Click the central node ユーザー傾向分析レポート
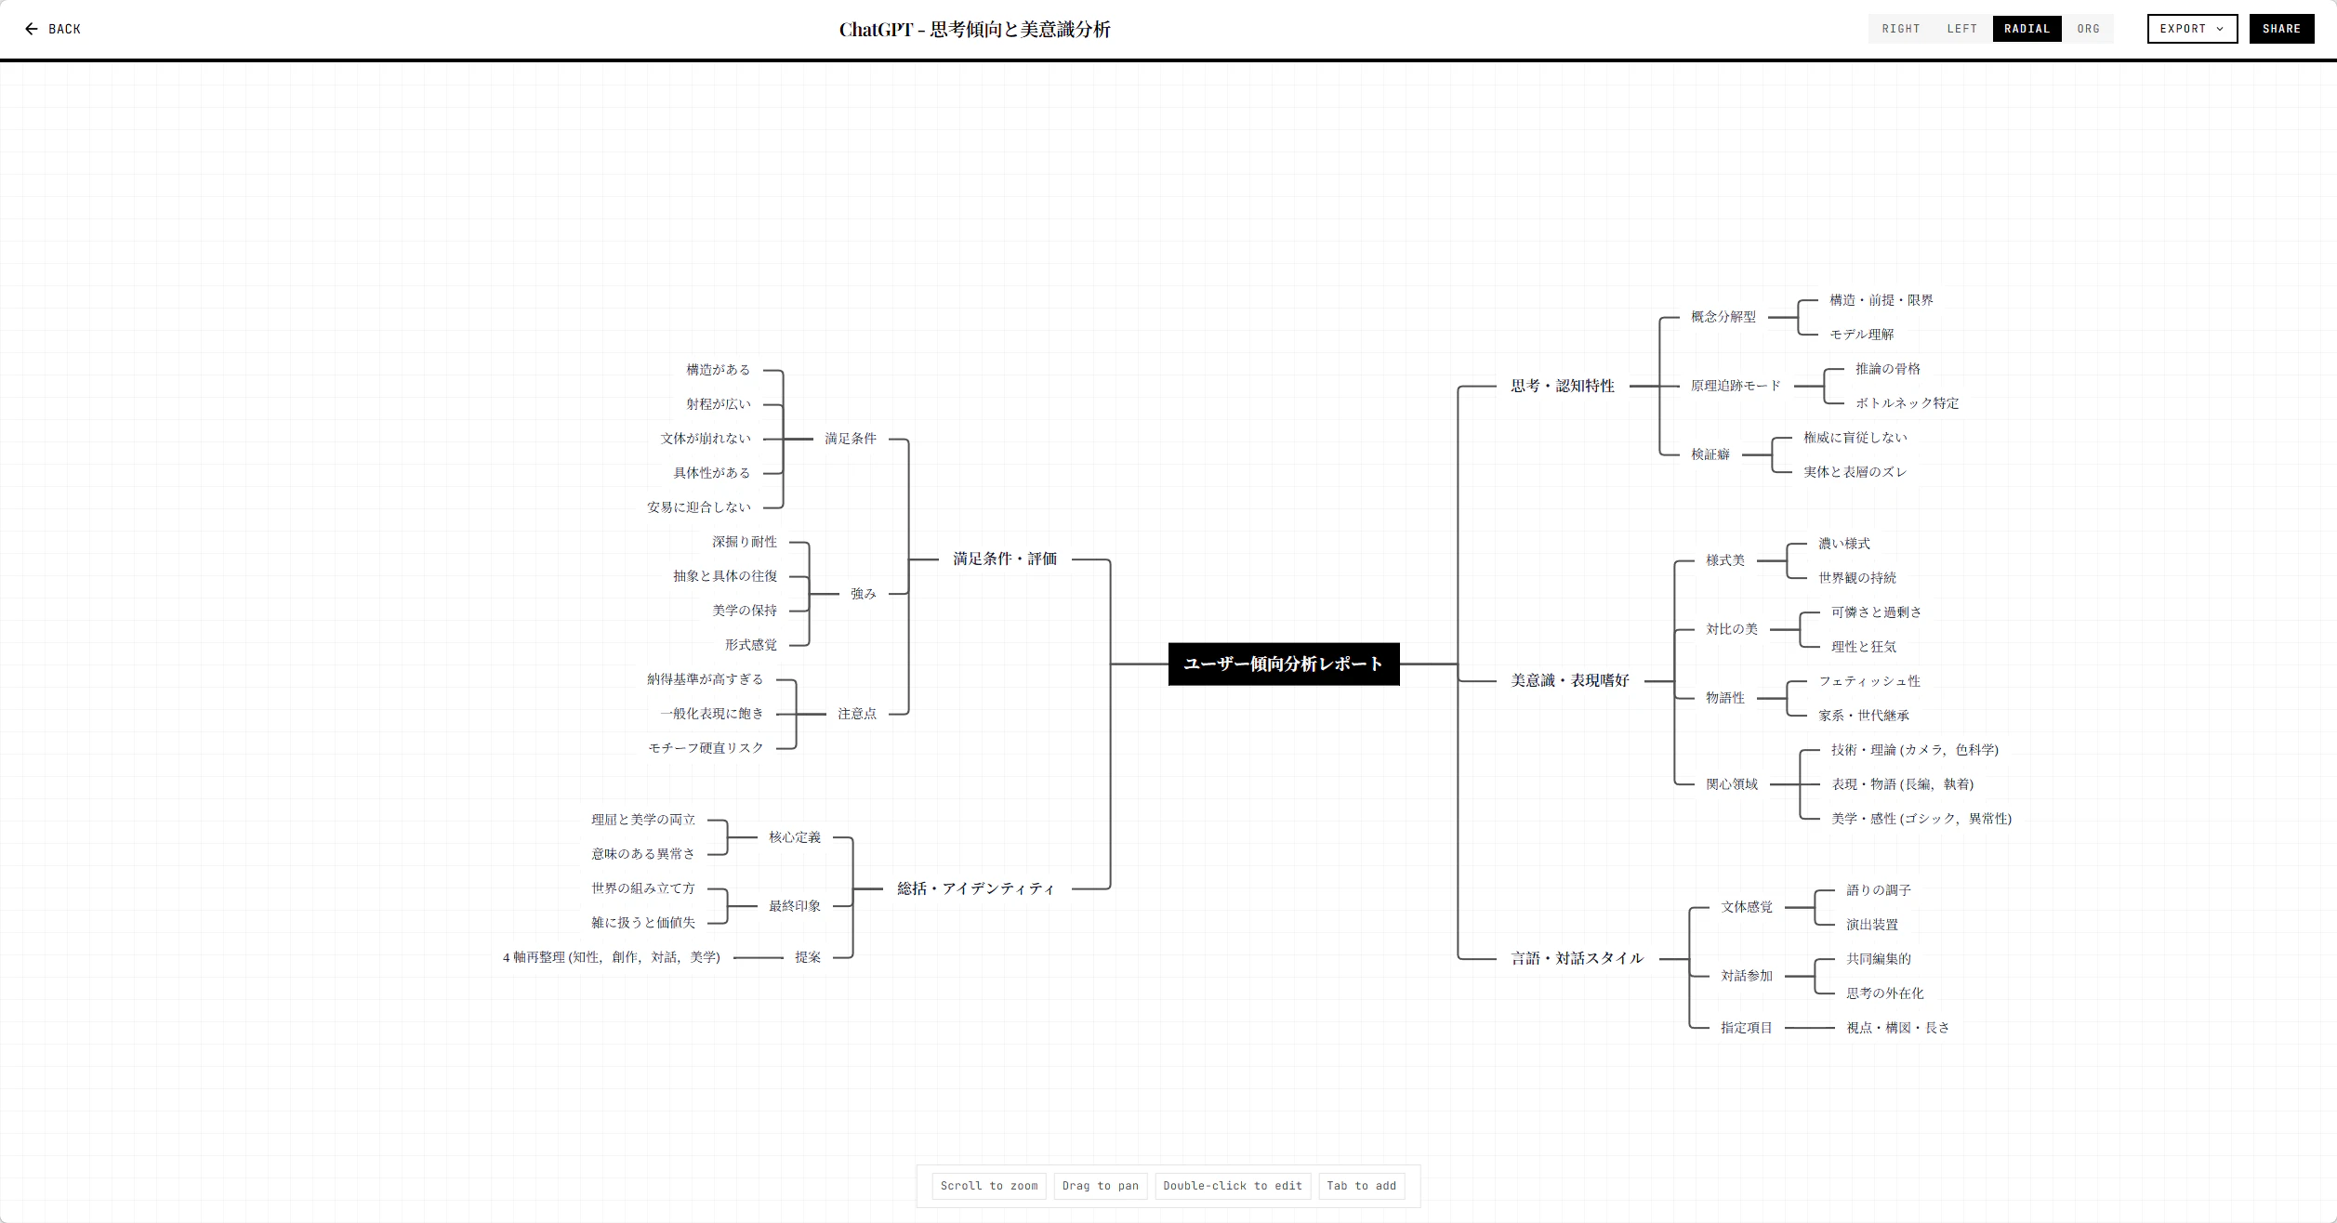coord(1283,664)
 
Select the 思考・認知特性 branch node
coord(1562,386)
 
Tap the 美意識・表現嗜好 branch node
coord(1569,680)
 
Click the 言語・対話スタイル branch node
coord(1577,958)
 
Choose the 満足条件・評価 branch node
coord(1004,559)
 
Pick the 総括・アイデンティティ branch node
coord(975,888)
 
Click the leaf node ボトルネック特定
coord(1907,403)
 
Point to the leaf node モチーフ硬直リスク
coord(706,748)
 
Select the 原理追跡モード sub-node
coord(1736,386)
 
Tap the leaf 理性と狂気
coord(1863,647)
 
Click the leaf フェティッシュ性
coord(1868,681)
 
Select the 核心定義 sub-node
coord(794,837)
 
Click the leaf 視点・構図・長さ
coord(1897,1028)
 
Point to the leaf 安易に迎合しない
coord(698,507)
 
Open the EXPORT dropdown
coord(2191,29)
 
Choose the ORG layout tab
coord(2088,29)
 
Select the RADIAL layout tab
coord(2027,29)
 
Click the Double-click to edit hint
coord(1232,1186)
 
